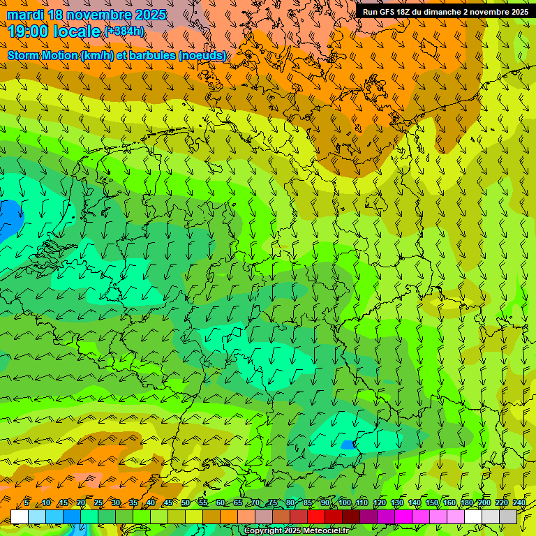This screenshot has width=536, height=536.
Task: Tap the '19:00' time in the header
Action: tap(29, 31)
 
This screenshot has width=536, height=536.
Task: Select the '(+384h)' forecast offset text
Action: tap(124, 31)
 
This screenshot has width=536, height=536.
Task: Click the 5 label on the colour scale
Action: tap(27, 503)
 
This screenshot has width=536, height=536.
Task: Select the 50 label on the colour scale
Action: tap(186, 503)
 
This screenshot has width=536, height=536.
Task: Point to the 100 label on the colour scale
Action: tap(344, 503)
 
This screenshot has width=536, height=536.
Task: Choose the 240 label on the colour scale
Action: tap(519, 503)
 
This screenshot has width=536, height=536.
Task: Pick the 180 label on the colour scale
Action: tap(466, 503)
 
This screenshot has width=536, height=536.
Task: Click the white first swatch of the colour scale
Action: tap(20, 516)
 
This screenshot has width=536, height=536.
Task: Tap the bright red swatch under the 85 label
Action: tap(316, 516)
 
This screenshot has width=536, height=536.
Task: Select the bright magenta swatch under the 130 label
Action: tap(403, 516)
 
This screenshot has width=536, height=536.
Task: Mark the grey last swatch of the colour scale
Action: tap(508, 516)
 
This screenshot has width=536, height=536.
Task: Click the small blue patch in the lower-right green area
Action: tap(347, 444)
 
